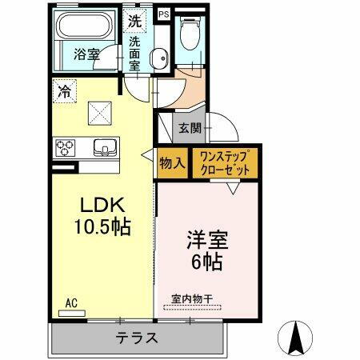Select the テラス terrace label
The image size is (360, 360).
point(137,337)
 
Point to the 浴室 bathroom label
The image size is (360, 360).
point(86,55)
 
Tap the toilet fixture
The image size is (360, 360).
point(190,36)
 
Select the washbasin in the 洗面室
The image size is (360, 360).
point(160,58)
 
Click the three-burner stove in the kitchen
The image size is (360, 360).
point(65,147)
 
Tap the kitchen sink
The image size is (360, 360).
point(105,148)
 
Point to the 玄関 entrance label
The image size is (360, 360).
point(190,126)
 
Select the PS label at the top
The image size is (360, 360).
point(163,14)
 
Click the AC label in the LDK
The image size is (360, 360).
point(71,304)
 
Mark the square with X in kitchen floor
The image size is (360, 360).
point(100,112)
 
